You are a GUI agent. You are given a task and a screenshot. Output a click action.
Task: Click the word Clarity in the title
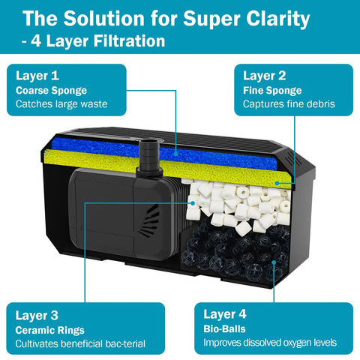277,19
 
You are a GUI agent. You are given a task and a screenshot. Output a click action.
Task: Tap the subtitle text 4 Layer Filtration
98,41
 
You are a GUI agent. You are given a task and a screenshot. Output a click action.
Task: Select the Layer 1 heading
37,76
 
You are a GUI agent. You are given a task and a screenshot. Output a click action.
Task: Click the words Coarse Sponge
51,90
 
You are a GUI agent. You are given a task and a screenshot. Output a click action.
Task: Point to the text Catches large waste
61,103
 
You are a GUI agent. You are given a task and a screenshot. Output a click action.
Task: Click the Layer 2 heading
265,76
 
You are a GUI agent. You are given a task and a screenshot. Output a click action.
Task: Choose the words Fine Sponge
272,90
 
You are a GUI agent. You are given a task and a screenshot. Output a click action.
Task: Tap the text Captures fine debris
289,103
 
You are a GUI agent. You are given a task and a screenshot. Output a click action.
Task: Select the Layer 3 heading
37,315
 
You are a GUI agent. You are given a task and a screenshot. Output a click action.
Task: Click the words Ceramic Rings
49,330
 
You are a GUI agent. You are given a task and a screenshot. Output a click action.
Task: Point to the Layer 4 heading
225,314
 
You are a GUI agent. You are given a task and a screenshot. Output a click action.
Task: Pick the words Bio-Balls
224,328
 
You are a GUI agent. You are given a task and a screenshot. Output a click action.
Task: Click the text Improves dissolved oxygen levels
270,343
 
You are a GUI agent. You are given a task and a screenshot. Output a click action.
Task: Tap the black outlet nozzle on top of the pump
149,156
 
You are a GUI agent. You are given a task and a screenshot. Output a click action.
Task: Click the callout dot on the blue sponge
176,152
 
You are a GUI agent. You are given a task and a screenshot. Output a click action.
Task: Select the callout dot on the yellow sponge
277,183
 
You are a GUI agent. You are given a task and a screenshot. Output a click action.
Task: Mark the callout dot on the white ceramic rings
193,203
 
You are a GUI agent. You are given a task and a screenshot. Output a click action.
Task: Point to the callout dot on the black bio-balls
274,262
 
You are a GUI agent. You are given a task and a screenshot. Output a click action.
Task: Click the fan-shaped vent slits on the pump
149,220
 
